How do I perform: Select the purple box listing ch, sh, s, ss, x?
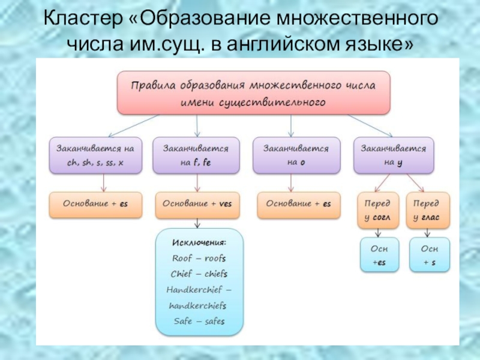(96, 155)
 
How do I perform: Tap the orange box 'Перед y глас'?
(427, 210)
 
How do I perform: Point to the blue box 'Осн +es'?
(379, 254)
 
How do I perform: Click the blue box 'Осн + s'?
(428, 254)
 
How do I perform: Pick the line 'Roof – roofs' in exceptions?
(199, 258)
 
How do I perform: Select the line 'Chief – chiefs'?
(199, 274)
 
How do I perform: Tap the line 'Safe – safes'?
(199, 321)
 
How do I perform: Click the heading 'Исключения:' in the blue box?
(199, 242)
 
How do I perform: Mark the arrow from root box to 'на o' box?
(291, 125)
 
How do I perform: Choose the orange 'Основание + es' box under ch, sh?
(96, 204)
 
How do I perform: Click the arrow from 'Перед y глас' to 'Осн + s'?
(427, 233)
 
